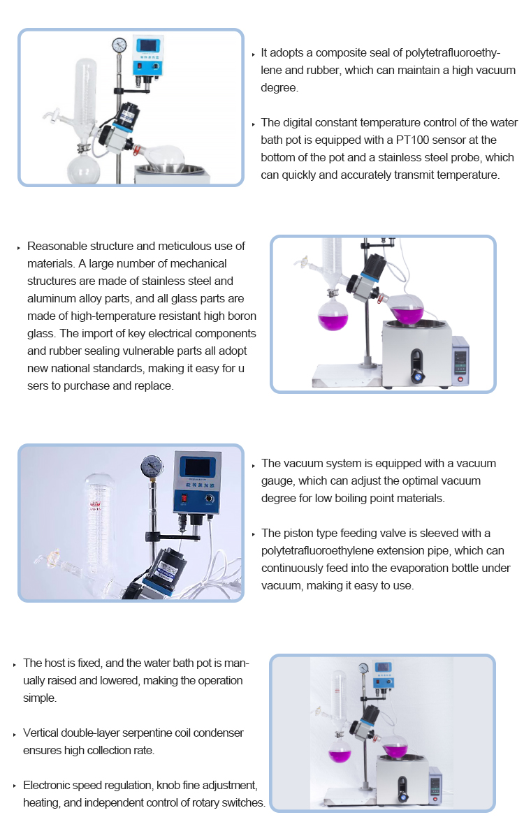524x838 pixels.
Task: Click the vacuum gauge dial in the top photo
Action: pyautogui.click(x=119, y=45)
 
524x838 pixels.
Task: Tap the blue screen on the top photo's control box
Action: pyautogui.click(x=149, y=45)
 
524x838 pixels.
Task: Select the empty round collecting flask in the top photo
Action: pyautogui.click(x=83, y=170)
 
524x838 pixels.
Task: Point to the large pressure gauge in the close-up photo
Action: pyautogui.click(x=152, y=466)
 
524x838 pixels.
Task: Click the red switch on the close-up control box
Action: pyautogui.click(x=184, y=499)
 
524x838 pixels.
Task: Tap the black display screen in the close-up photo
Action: pyautogui.click(x=197, y=467)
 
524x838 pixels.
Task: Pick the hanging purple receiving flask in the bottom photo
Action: pyautogui.click(x=340, y=751)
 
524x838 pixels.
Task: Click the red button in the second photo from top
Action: pyautogui.click(x=460, y=379)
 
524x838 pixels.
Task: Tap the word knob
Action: pyautogui.click(x=168, y=785)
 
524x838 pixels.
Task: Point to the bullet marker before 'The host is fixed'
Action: pyautogui.click(x=15, y=665)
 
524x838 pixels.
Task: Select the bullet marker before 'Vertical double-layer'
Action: pyautogui.click(x=15, y=735)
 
